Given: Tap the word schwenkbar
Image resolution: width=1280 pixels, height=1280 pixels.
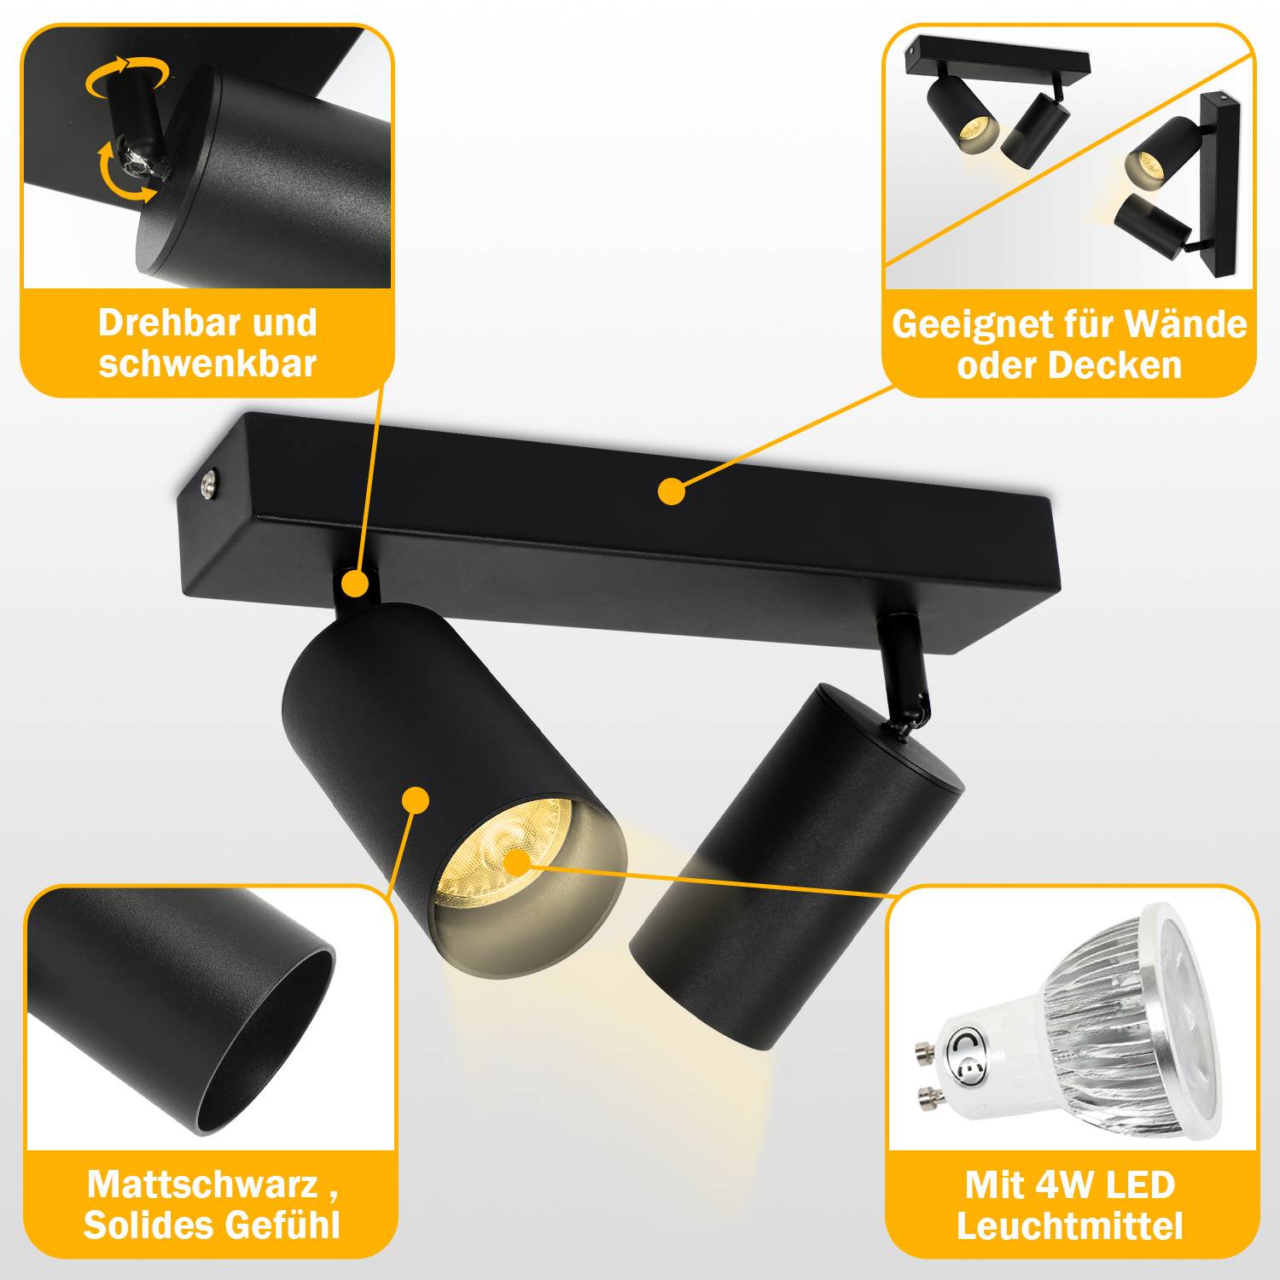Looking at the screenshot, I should pyautogui.click(x=207, y=364).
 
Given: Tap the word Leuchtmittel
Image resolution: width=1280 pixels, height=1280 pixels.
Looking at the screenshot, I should pyautogui.click(x=1069, y=1226).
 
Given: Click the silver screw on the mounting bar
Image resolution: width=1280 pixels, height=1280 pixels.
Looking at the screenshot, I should pyautogui.click(x=209, y=487).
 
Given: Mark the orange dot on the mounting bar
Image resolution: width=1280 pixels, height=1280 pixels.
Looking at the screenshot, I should pyautogui.click(x=672, y=492).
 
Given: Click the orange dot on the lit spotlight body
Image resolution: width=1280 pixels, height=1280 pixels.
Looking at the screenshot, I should pyautogui.click(x=416, y=800).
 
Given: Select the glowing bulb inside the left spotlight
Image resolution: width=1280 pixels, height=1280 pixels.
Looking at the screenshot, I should pyautogui.click(x=512, y=862).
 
